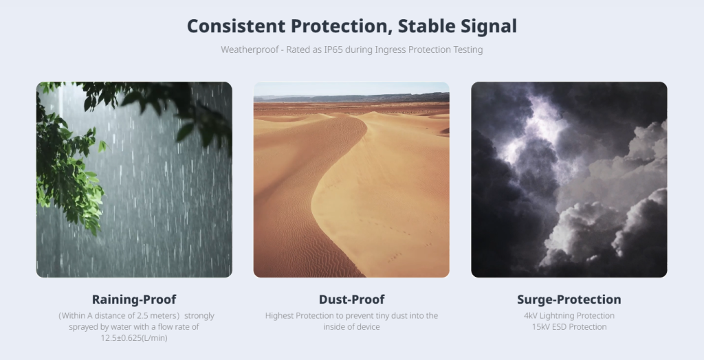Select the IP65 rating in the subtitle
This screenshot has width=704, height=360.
333,49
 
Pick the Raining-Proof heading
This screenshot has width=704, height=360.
134,300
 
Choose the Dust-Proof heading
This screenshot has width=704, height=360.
351,300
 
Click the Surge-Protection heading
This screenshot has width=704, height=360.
569,300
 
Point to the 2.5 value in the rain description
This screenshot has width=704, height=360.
142,315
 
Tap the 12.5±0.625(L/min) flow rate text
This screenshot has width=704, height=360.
134,338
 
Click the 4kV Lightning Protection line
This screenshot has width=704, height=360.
569,315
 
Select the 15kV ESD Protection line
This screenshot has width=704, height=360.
569,327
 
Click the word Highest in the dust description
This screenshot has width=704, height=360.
280,316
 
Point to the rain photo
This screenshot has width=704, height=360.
134,179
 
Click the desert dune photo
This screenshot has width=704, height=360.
351,179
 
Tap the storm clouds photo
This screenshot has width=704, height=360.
569,179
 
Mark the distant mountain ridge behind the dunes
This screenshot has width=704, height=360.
351,98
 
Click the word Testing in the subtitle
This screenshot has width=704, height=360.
467,50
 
